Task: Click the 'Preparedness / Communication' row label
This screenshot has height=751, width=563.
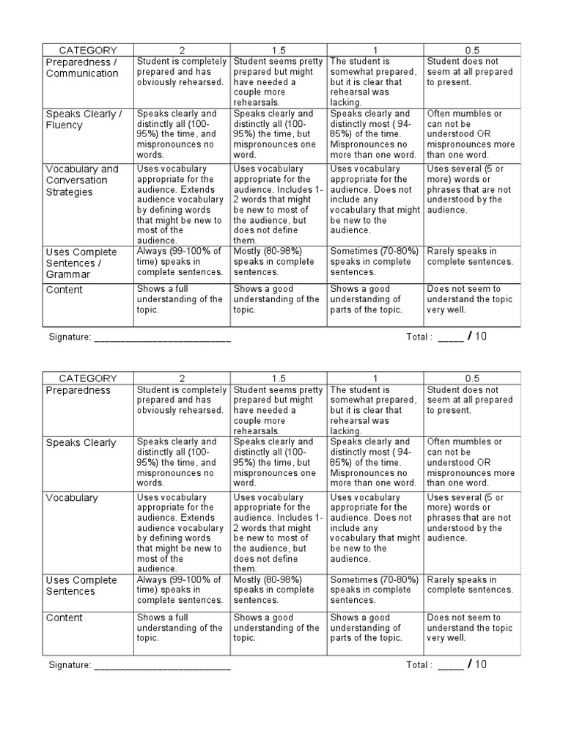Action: click(81, 67)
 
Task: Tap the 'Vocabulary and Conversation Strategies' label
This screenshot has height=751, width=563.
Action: click(81, 180)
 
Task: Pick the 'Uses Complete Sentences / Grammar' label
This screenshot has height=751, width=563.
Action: click(81, 263)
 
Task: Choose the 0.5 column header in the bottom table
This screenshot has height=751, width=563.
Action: click(472, 378)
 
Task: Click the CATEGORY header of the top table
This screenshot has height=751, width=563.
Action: click(88, 50)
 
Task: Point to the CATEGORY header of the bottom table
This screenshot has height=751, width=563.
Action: click(88, 378)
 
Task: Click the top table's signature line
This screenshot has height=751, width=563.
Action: click(162, 337)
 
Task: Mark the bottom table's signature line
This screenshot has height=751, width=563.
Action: click(162, 665)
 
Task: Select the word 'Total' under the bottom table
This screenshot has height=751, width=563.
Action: click(418, 665)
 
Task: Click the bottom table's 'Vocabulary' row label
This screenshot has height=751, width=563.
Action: click(72, 498)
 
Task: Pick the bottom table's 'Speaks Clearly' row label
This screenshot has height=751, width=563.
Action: click(81, 443)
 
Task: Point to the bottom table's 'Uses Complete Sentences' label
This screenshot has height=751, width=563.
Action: click(81, 586)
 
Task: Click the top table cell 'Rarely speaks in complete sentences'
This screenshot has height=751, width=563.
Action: click(470, 257)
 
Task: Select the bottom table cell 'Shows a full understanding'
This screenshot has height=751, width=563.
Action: click(180, 628)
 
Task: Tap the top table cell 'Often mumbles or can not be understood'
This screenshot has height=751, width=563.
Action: click(469, 124)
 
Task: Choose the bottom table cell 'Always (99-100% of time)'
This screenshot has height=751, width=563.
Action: click(180, 590)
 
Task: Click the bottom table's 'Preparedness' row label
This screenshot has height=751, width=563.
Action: click(78, 391)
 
